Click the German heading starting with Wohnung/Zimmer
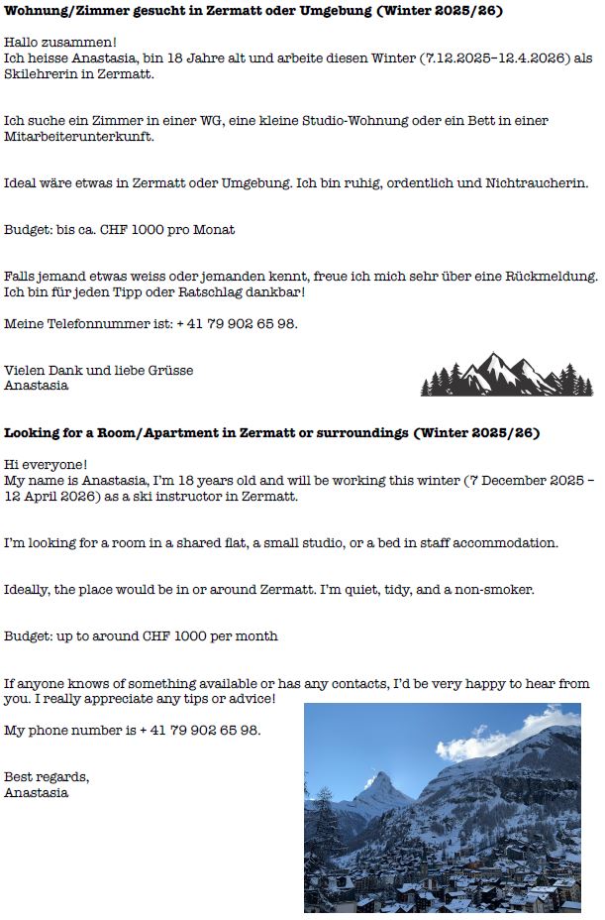[x=253, y=11]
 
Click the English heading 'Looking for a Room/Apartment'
[x=271, y=433]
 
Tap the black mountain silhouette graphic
[x=506, y=375]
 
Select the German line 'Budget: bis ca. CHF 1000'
[x=120, y=229]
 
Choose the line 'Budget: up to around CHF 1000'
[x=141, y=635]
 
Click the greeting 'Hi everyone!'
[x=46, y=464]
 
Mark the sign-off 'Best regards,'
[x=47, y=776]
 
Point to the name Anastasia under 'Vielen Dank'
[x=37, y=386]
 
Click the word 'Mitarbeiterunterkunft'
[x=78, y=137]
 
